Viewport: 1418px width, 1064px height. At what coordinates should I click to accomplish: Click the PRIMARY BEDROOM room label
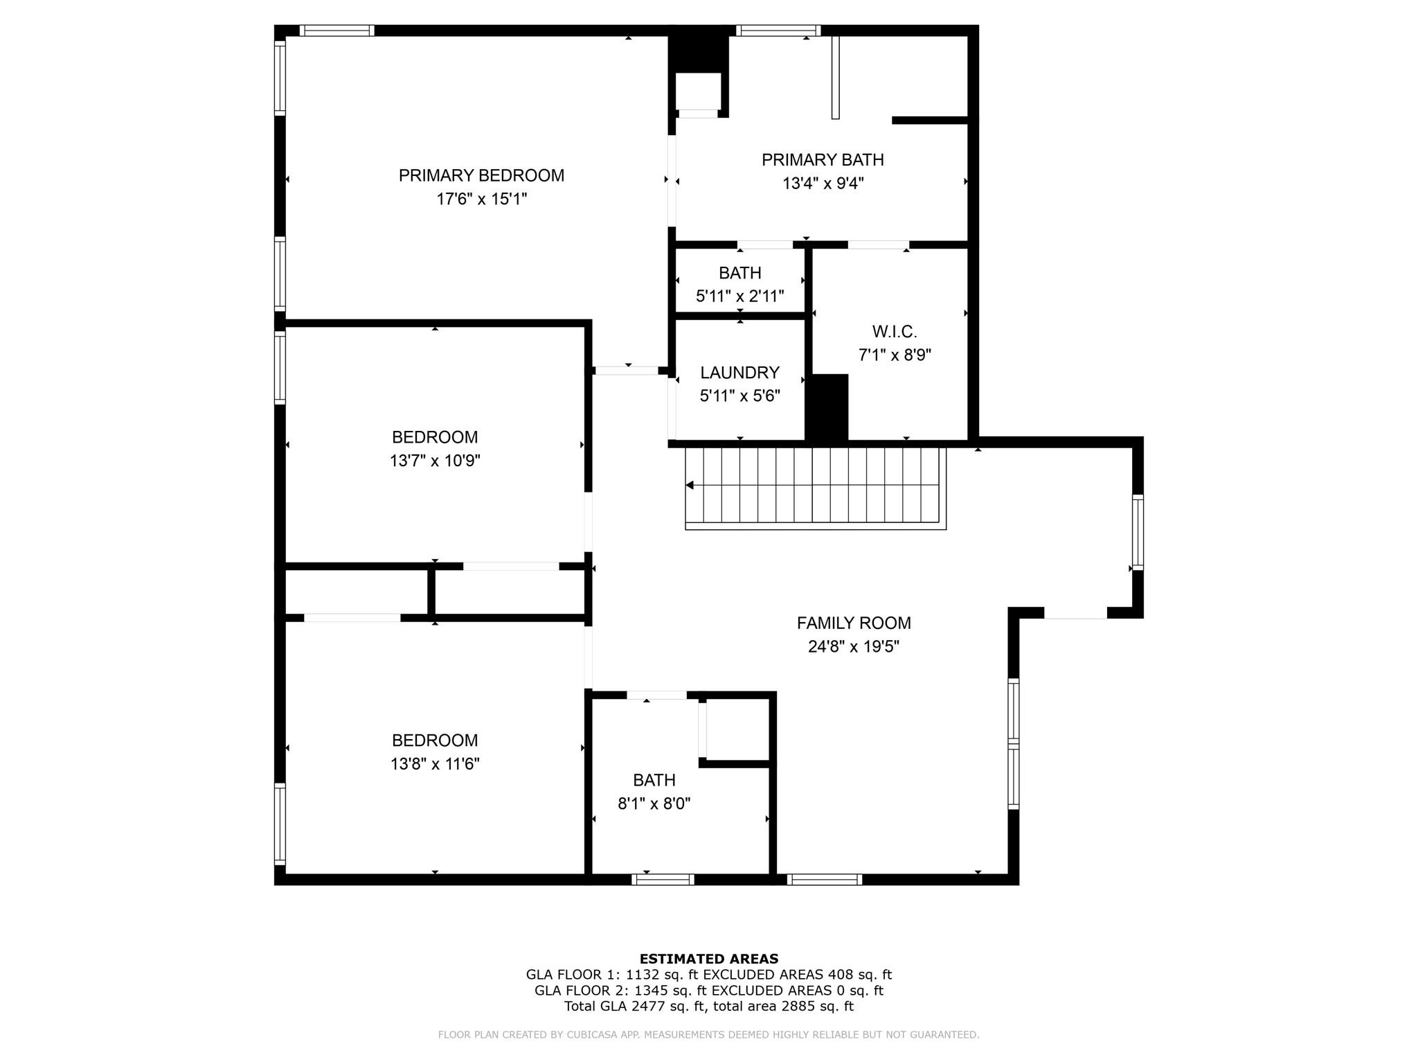[x=481, y=175]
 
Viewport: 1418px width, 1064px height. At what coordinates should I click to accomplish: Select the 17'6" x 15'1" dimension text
[x=481, y=199]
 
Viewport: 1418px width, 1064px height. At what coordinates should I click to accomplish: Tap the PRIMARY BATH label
[x=823, y=160]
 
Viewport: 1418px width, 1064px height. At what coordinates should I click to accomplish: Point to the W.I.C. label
[x=895, y=332]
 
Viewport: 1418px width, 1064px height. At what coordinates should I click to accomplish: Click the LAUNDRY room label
[x=739, y=373]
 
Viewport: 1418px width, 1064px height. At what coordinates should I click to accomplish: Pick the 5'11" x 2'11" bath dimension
[x=739, y=296]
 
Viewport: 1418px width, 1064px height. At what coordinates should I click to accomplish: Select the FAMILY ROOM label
[x=854, y=623]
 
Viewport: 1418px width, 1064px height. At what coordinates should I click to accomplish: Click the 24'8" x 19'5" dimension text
[x=854, y=647]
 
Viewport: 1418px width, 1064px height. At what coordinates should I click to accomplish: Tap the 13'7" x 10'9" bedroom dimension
[x=435, y=461]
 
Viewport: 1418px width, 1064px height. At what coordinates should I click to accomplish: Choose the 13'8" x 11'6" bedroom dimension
[x=435, y=764]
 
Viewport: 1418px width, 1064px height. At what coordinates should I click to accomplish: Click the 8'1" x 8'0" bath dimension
[x=654, y=804]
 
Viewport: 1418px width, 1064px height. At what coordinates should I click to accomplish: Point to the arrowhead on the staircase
[x=690, y=486]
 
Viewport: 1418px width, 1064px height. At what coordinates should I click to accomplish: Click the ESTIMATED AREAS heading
[x=709, y=959]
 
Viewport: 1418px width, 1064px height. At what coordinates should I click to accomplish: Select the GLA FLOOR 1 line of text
[x=709, y=975]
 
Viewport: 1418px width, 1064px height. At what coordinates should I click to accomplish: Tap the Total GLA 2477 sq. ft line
[x=709, y=1007]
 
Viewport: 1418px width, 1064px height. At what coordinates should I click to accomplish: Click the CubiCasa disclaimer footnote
[x=709, y=1035]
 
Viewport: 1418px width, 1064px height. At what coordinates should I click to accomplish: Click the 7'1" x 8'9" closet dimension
[x=895, y=355]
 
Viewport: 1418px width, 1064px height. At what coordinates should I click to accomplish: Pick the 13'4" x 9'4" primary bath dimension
[x=823, y=184]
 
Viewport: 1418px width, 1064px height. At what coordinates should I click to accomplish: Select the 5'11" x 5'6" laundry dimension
[x=739, y=396]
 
